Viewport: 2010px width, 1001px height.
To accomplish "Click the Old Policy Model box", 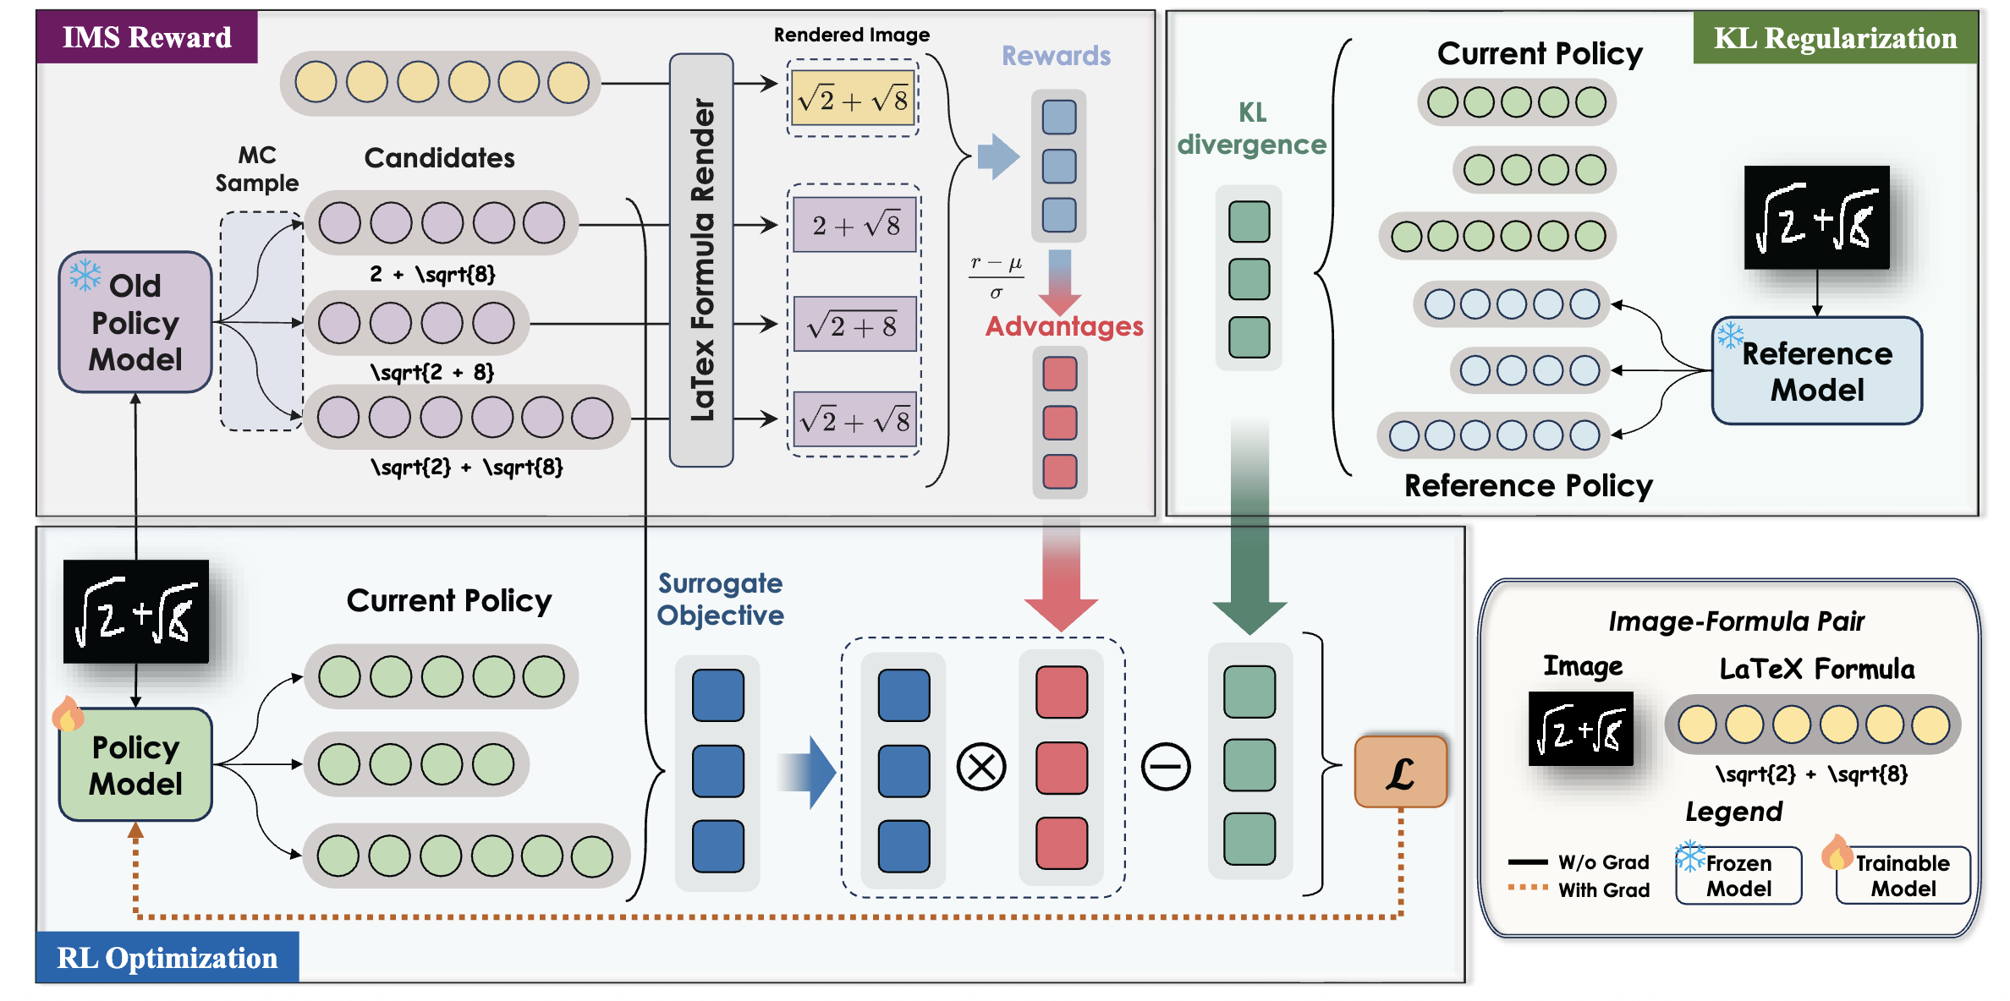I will click(x=135, y=322).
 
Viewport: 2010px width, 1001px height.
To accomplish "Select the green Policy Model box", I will click(x=135, y=765).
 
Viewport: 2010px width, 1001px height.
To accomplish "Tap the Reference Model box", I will click(x=1817, y=371).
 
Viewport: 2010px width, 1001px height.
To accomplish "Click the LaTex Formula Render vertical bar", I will click(x=701, y=260).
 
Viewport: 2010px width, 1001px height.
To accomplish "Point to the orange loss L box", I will click(x=1401, y=772).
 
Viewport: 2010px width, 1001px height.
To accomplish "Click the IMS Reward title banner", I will click(x=147, y=37).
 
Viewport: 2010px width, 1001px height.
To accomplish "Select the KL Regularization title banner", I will click(x=1835, y=38).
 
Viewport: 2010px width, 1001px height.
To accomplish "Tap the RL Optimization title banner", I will click(x=167, y=958).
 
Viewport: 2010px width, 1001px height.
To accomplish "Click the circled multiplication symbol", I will click(x=981, y=768).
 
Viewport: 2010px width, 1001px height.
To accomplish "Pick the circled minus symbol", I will click(x=1166, y=768).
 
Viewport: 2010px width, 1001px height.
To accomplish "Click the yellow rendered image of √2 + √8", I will click(x=853, y=99).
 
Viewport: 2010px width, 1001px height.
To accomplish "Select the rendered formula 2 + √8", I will click(x=855, y=225).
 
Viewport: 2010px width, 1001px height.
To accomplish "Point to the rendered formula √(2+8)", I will click(x=855, y=325).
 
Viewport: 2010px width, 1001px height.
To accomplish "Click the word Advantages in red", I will click(x=1064, y=326).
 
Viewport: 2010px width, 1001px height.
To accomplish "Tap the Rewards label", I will click(x=1056, y=56).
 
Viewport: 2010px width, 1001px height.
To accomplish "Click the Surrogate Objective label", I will click(x=721, y=599).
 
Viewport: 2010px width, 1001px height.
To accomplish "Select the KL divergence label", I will click(x=1252, y=129).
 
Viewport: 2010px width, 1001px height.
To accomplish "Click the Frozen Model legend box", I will click(x=1738, y=876).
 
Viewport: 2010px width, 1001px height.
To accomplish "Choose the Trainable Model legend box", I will click(x=1903, y=876).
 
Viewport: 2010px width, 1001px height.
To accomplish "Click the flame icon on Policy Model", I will click(x=68, y=714).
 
